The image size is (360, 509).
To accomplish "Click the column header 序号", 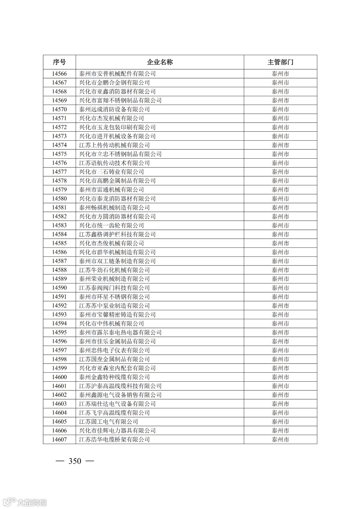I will click(x=59, y=62).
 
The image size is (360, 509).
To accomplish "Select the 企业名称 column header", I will click(x=160, y=62).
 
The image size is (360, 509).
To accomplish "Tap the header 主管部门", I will click(x=280, y=62).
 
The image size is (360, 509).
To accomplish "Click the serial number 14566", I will click(x=59, y=74).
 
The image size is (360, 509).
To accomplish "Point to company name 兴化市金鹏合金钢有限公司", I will click(x=114, y=83).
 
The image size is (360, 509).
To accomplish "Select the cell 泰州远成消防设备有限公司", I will click(x=114, y=109).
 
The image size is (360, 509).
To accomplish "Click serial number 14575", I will click(x=59, y=154).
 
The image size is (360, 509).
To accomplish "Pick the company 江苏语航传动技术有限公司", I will click(x=114, y=163).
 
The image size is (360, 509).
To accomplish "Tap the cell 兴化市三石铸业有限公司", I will click(x=111, y=172).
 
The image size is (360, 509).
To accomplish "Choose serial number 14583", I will click(x=59, y=225).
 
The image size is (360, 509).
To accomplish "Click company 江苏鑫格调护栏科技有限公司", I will click(x=117, y=234).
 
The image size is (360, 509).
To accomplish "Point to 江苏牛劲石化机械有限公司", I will click(x=114, y=270).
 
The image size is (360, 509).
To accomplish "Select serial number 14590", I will click(x=59, y=288).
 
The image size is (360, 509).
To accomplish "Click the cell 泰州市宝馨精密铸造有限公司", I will click(x=117, y=315).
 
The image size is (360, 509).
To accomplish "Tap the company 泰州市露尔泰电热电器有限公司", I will click(x=120, y=332).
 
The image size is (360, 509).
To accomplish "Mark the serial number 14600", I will click(x=59, y=377).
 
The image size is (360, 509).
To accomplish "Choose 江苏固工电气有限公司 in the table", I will click(x=108, y=422).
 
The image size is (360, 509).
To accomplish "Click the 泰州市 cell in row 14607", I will click(x=280, y=439).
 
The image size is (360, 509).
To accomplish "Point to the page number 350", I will click(x=75, y=461).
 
